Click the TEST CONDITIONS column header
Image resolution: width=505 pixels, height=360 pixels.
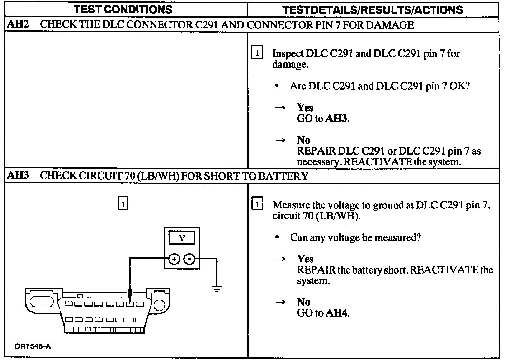coord(123,9)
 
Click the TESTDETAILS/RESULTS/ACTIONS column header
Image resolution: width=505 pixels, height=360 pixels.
coord(372,10)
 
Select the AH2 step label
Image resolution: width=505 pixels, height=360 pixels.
coord(18,24)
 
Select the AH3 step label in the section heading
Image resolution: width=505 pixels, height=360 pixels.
coord(18,176)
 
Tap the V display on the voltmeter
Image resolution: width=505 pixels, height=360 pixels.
coord(182,238)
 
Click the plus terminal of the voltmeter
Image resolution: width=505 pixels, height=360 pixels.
coord(174,259)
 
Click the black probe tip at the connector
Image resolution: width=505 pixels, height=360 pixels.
coord(130,295)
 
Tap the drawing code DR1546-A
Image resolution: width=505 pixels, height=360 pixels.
coord(33,346)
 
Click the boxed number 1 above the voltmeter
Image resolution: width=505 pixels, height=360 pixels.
coord(123,204)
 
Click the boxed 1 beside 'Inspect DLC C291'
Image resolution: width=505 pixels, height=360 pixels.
coord(257,53)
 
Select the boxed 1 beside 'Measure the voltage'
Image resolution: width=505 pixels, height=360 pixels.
coord(257,204)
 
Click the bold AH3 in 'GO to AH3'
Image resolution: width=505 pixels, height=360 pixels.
coord(336,119)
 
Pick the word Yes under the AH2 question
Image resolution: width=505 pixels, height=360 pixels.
coord(305,108)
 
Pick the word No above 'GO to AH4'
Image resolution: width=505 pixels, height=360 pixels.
coord(303,302)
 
